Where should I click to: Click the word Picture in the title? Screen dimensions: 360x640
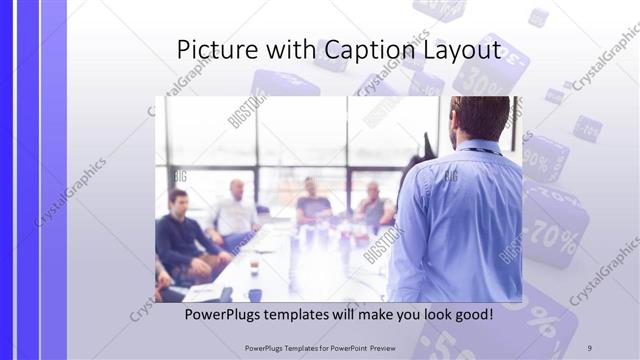coord(213,50)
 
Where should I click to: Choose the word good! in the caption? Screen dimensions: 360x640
coord(470,315)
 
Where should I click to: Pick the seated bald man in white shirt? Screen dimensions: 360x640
coord(236,210)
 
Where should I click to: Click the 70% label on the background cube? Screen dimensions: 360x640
coord(556,234)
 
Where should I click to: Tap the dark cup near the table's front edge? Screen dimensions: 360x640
coord(254,294)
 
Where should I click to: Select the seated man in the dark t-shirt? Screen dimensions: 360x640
coord(313,205)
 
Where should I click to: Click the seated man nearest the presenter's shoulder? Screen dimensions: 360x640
coord(375,208)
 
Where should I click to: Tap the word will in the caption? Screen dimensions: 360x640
coord(359,315)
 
